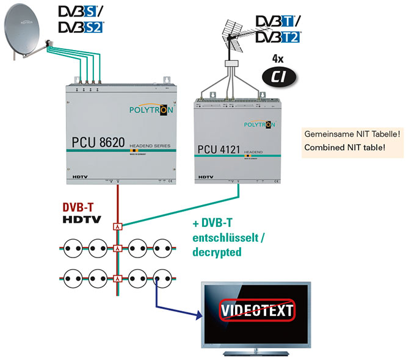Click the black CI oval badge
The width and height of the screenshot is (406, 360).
(x=276, y=76)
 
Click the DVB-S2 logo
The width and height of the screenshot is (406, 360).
(x=81, y=27)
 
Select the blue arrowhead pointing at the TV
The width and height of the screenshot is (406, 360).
(x=199, y=315)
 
